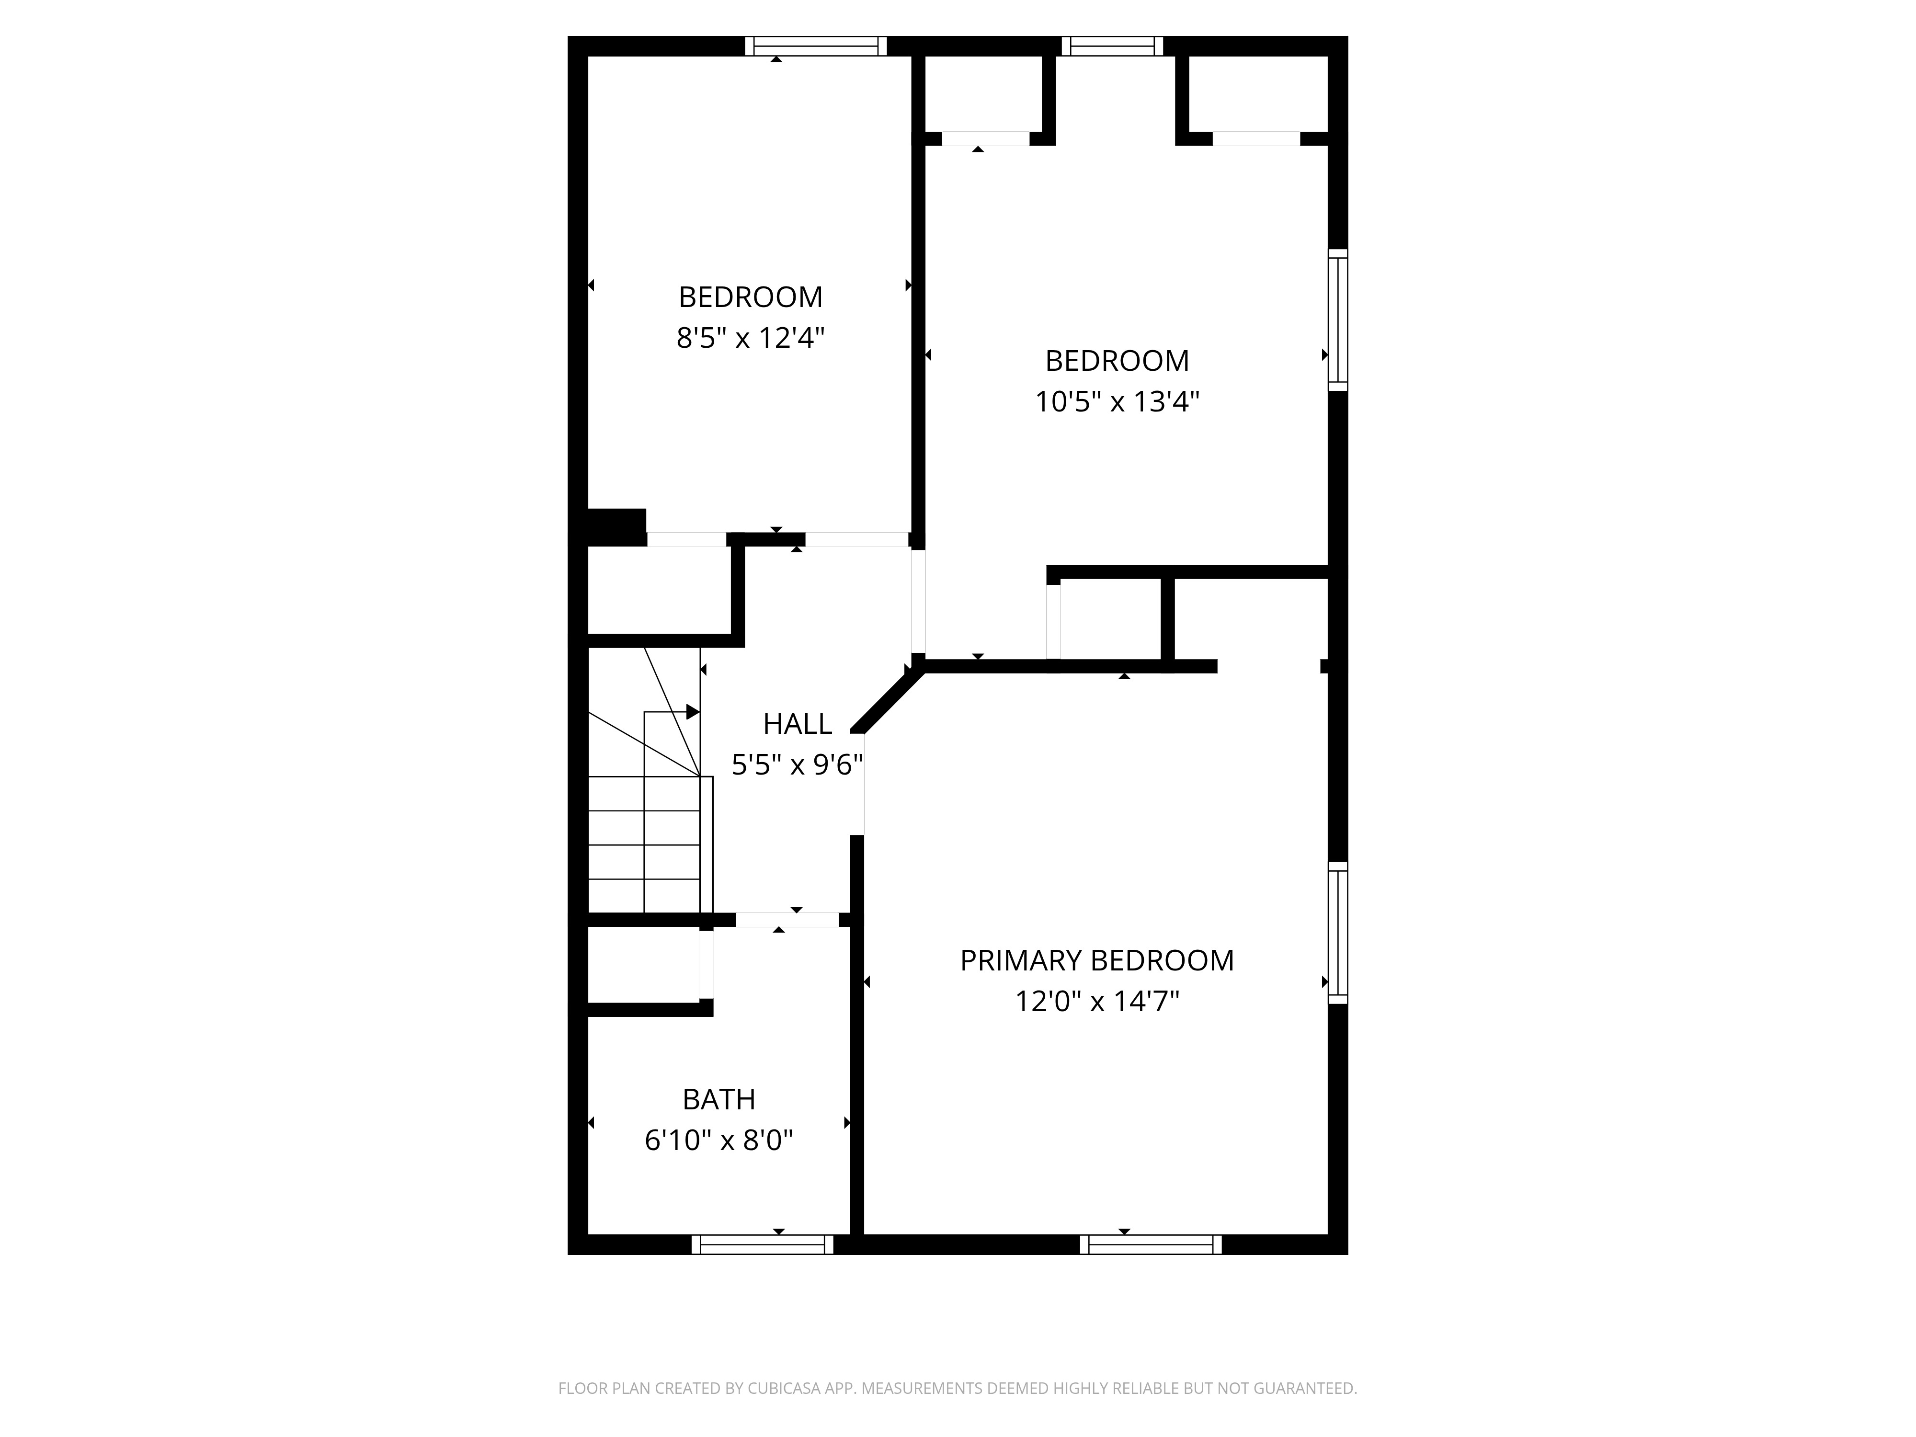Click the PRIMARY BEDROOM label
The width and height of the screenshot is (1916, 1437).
point(1096,960)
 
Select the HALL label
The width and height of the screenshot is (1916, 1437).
point(797,723)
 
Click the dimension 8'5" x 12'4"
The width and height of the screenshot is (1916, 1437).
point(750,338)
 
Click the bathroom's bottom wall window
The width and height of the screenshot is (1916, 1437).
point(762,1245)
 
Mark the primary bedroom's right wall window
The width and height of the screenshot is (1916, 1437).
point(1338,933)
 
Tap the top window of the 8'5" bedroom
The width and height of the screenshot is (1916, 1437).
point(816,46)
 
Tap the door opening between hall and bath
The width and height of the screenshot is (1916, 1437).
point(787,920)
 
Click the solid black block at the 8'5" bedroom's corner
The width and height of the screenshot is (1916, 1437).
point(617,526)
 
